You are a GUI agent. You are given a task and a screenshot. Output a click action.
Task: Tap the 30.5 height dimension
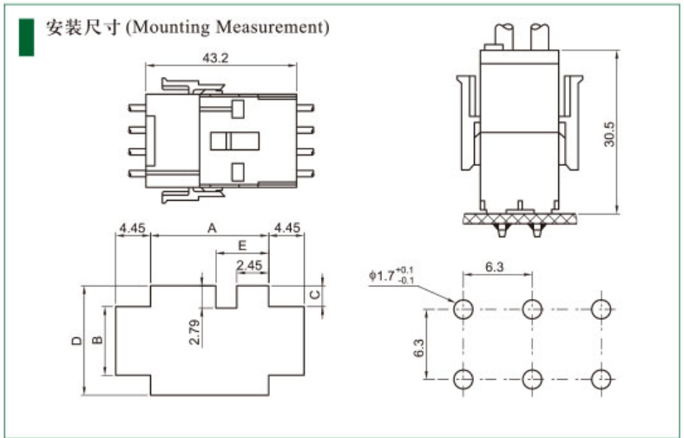(x=609, y=134)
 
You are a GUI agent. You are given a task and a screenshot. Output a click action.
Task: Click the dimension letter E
(x=242, y=246)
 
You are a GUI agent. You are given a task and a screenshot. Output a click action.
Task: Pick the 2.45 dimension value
(x=251, y=265)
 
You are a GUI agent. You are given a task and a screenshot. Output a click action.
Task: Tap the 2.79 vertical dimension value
(x=194, y=331)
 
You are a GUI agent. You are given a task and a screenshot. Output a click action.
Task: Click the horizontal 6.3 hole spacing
(x=495, y=268)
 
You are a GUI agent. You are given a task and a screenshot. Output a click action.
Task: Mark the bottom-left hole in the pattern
(x=463, y=378)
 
